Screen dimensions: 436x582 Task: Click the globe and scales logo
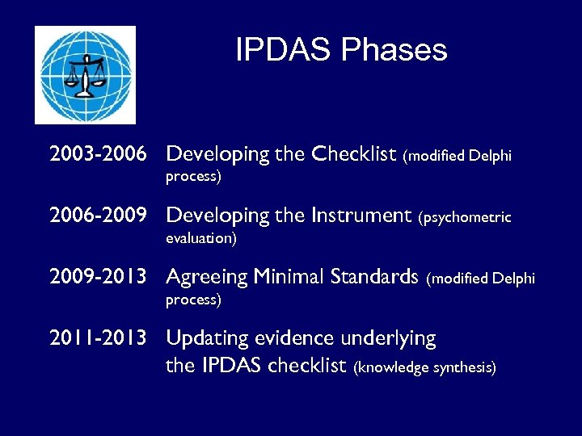pyautogui.click(x=85, y=74)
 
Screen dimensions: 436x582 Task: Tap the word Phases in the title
pyautogui.click(x=394, y=50)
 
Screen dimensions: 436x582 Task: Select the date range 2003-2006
pyautogui.click(x=98, y=153)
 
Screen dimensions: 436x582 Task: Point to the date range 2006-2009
pyautogui.click(x=98, y=216)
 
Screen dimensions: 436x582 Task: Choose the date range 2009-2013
pyautogui.click(x=98, y=277)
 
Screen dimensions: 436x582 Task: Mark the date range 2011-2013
pyautogui.click(x=98, y=338)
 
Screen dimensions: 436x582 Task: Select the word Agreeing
pyautogui.click(x=206, y=278)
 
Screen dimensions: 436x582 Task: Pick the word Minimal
pyautogui.click(x=286, y=277)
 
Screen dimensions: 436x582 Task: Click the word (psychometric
pyautogui.click(x=465, y=216)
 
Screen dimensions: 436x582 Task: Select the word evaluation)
pyautogui.click(x=201, y=238)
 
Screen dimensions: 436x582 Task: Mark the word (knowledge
pyautogui.click(x=391, y=367)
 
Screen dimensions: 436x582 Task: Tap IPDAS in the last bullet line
pyautogui.click(x=232, y=365)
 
